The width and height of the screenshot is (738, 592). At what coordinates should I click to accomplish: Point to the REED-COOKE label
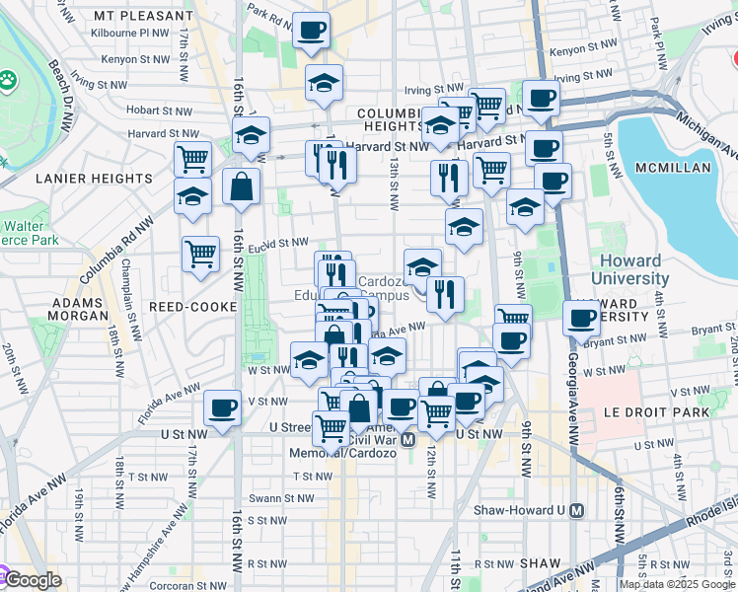(x=193, y=307)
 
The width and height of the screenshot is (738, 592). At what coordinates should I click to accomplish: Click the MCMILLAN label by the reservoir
(x=673, y=168)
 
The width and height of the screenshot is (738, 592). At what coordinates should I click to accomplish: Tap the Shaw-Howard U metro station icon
(x=578, y=511)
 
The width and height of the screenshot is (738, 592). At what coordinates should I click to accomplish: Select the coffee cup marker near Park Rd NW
(x=312, y=31)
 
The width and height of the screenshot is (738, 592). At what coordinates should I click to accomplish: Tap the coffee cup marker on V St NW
(x=223, y=407)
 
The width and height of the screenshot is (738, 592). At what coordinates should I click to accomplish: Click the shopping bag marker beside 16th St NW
(x=241, y=187)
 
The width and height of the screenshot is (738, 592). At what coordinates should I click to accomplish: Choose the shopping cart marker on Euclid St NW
(x=200, y=254)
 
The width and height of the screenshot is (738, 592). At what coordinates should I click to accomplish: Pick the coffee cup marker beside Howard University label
(x=582, y=319)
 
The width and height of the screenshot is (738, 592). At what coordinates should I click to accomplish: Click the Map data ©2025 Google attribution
(x=677, y=584)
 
